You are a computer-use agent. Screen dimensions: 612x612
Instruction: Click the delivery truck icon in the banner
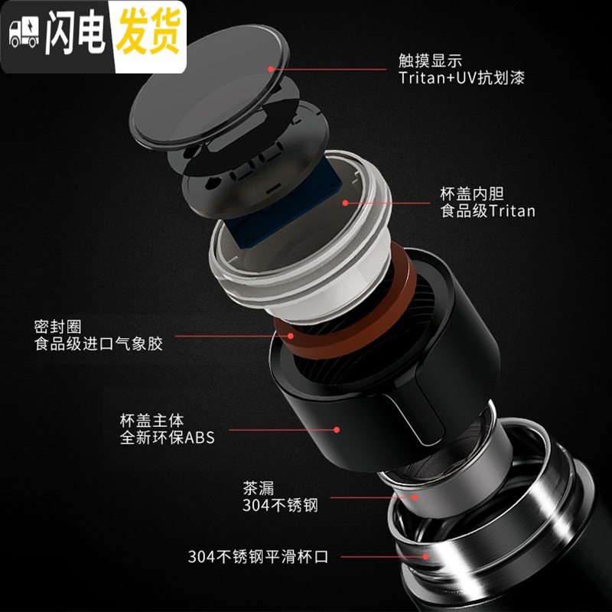pyautogui.click(x=24, y=32)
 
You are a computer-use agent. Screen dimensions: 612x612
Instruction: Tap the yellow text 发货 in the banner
pyautogui.click(x=148, y=31)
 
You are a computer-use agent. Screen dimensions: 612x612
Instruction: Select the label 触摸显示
pyautogui.click(x=430, y=61)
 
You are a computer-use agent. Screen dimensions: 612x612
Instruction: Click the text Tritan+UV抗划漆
pyautogui.click(x=462, y=78)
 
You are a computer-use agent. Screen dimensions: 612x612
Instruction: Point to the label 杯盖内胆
pyautogui.click(x=472, y=194)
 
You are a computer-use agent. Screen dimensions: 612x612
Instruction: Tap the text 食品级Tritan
pyautogui.click(x=487, y=211)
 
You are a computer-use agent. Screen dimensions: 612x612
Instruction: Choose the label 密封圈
pyautogui.click(x=58, y=327)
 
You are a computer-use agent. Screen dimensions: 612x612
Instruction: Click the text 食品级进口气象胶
pyautogui.click(x=98, y=343)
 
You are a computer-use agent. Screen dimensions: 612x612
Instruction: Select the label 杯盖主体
pyautogui.click(x=151, y=421)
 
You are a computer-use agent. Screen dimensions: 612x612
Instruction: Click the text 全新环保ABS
pyautogui.click(x=168, y=438)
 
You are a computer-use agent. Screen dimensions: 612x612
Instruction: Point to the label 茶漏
pyautogui.click(x=259, y=488)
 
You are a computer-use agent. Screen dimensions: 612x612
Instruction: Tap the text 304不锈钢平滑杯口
pyautogui.click(x=258, y=557)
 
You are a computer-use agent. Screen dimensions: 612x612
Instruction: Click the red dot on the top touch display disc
pyautogui.click(x=271, y=69)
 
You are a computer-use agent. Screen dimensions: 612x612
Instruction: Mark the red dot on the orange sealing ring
pyautogui.click(x=291, y=336)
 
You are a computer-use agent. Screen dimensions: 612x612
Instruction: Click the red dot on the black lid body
pyautogui.click(x=337, y=430)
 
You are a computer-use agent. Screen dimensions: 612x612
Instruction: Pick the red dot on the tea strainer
pyautogui.click(x=415, y=497)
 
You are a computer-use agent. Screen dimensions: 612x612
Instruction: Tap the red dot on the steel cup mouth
pyautogui.click(x=426, y=557)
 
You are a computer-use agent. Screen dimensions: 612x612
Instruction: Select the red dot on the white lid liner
pyautogui.click(x=345, y=203)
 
